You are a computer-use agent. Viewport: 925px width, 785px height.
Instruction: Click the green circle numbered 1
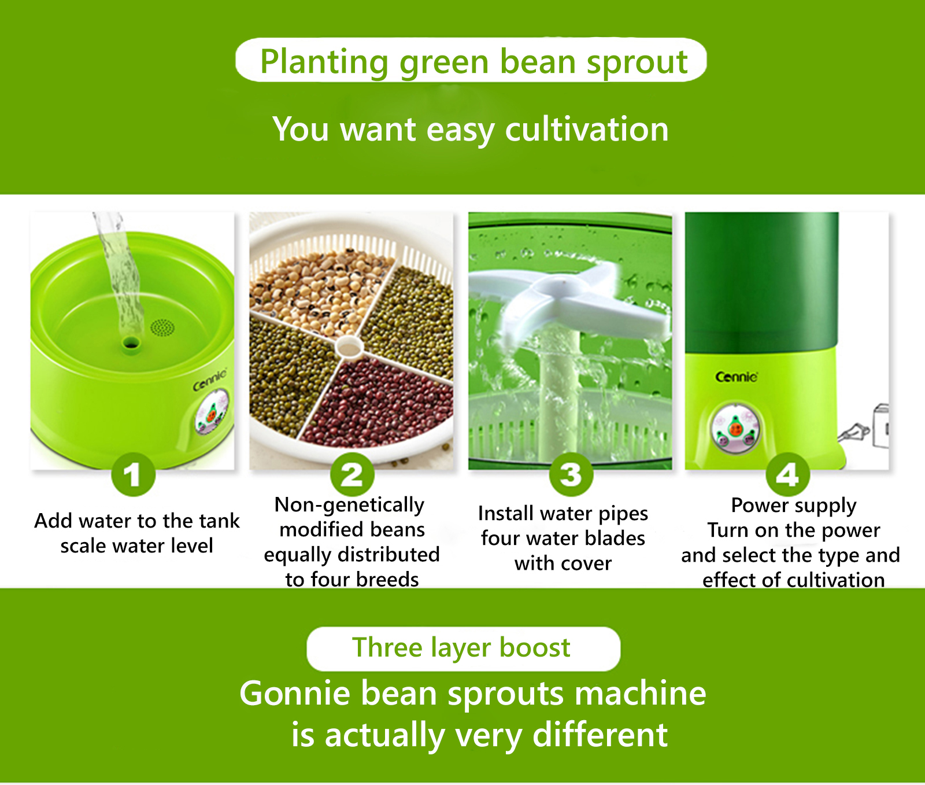[133, 474]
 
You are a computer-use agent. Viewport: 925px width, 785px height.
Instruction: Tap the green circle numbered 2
[352, 474]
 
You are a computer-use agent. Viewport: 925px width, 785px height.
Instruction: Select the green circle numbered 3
[571, 474]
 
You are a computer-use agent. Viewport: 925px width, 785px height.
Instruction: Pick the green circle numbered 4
[787, 474]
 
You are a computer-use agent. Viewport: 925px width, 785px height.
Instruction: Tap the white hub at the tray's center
[349, 347]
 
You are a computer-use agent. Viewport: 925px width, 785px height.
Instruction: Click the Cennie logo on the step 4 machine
[737, 377]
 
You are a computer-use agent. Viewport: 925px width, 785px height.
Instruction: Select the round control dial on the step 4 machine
[735, 429]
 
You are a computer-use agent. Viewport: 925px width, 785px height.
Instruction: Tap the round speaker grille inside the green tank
[162, 327]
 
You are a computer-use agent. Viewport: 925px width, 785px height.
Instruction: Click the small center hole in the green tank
[131, 344]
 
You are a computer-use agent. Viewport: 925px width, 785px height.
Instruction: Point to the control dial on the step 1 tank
[212, 412]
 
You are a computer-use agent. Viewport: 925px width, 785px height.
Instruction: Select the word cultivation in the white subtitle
[587, 129]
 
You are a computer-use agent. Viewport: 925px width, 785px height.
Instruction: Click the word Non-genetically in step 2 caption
[349, 505]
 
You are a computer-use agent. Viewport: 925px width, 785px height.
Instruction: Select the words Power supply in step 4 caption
[794, 506]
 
